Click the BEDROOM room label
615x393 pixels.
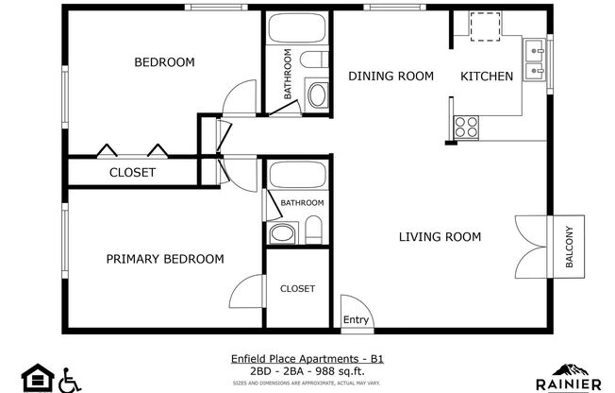pos(164,62)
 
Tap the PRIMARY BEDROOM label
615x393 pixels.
pos(164,259)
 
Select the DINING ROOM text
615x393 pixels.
pos(391,77)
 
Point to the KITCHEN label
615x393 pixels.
pos(486,77)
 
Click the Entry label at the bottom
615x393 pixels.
pos(355,321)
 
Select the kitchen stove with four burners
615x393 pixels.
pos(465,126)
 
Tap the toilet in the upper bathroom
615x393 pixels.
pos(317,94)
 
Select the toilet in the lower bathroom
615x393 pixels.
pos(315,230)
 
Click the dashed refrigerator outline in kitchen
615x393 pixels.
pos(486,27)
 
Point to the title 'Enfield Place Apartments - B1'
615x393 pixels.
pos(307,359)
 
